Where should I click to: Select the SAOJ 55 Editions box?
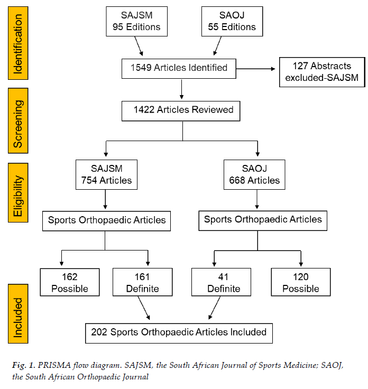coord(231,21)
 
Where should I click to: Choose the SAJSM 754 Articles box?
coord(106,175)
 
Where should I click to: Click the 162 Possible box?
coord(69,283)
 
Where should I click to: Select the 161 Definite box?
coord(142,283)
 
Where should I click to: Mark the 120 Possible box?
coord(301,283)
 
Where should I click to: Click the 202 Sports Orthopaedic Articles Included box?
coord(179,333)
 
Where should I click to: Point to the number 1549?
coord(141,68)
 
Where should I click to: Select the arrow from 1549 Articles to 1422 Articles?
coord(182,90)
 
